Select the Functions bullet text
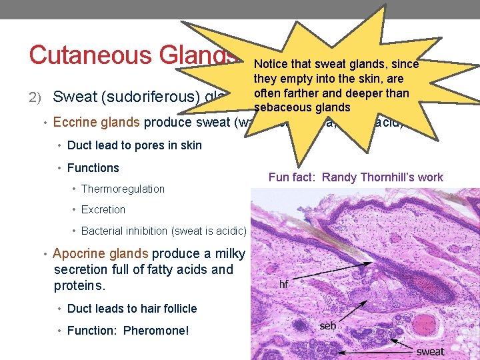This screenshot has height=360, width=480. (x=93, y=168)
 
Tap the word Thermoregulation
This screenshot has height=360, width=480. (x=123, y=189)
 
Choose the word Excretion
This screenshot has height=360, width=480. (x=103, y=209)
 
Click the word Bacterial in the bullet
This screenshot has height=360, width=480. (x=103, y=231)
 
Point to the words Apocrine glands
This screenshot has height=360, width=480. (x=100, y=253)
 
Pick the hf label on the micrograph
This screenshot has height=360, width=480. (x=283, y=283)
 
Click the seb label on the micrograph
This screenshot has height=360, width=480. (x=327, y=326)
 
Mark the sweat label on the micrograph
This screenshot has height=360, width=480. (x=430, y=351)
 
